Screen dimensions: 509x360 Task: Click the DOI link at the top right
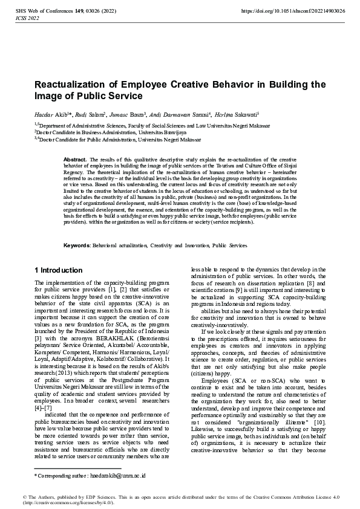(x=293, y=11)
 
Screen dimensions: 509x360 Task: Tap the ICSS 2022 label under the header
(x=26, y=19)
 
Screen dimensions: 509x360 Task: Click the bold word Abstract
(x=76, y=159)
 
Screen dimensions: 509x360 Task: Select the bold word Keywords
(x=77, y=246)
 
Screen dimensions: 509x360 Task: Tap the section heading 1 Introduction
(x=59, y=270)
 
